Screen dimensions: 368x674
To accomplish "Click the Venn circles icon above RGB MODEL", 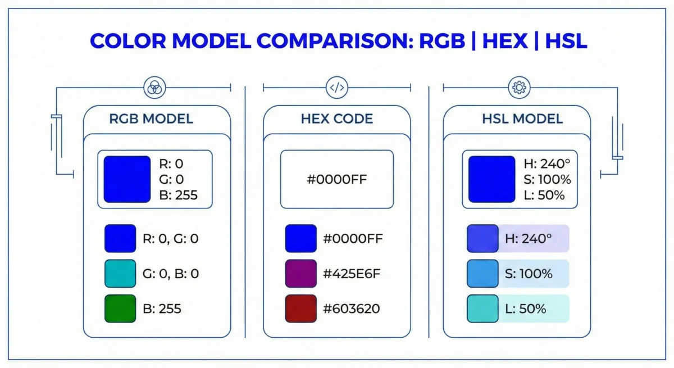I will pos(153,87).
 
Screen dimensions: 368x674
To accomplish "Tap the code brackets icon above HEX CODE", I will pos(336,87).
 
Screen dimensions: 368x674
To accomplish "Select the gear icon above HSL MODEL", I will pos(517,87).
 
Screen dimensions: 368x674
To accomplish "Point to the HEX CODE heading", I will pos(336,119).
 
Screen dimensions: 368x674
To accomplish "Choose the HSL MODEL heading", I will pos(522,119).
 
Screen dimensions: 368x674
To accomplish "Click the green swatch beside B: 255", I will pos(120,308).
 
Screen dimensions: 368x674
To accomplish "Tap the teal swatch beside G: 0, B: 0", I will pos(120,274).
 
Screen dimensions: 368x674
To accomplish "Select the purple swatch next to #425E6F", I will pos(300,274).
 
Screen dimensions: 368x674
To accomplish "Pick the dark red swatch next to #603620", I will pos(300,308).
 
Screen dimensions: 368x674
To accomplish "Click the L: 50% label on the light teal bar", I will pos(526,308).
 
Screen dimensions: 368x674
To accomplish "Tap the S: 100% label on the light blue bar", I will pos(529,274).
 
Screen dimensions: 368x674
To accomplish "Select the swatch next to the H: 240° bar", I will pos(482,239).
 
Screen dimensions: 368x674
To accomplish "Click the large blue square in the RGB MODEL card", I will pos(127,179).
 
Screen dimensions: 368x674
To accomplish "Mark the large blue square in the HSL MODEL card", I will pos(491,179).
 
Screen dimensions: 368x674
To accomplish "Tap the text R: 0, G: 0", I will pos(171,239).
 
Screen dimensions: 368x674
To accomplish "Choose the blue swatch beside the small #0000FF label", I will pos(300,239).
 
